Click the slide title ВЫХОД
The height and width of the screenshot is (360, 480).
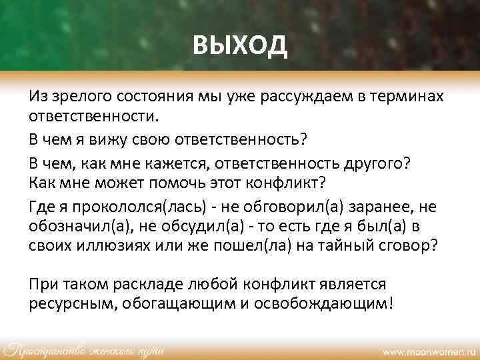pos(240,46)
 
